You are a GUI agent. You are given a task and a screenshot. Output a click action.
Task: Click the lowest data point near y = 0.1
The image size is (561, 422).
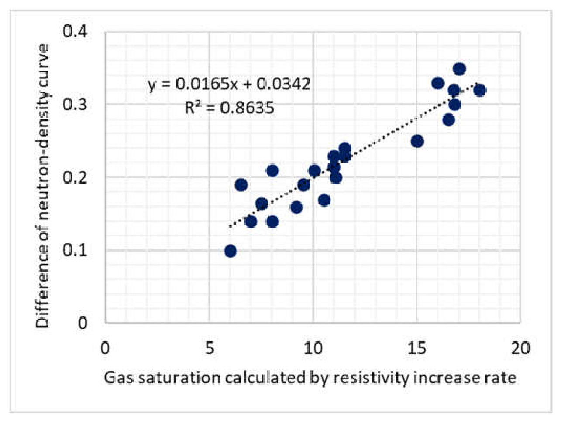(230, 251)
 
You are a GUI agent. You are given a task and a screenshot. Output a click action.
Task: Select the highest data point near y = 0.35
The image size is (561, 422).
(459, 69)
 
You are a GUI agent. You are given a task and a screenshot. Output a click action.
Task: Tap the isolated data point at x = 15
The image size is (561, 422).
(417, 141)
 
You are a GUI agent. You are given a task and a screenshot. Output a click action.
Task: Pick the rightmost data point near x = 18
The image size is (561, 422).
(480, 90)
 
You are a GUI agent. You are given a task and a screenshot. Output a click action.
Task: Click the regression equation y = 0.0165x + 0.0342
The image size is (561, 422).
(229, 84)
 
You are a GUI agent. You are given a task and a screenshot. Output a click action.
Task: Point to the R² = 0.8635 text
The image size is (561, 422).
(229, 108)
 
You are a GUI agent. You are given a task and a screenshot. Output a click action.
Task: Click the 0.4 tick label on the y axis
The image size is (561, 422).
(75, 31)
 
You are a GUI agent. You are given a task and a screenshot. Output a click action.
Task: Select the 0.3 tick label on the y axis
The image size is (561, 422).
(75, 104)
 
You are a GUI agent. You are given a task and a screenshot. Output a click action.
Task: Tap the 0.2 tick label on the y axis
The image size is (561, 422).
(75, 177)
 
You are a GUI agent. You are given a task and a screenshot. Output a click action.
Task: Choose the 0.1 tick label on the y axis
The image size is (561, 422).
(75, 250)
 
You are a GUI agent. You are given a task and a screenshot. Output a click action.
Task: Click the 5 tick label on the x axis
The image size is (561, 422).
(210, 348)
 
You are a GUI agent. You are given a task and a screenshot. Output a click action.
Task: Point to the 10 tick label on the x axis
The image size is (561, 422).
(313, 348)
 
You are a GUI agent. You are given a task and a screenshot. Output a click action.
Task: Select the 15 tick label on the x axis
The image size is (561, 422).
(417, 348)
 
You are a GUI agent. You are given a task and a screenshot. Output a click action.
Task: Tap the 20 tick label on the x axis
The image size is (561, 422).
(520, 348)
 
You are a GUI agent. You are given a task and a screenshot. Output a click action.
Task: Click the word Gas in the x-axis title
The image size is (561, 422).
(118, 378)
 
